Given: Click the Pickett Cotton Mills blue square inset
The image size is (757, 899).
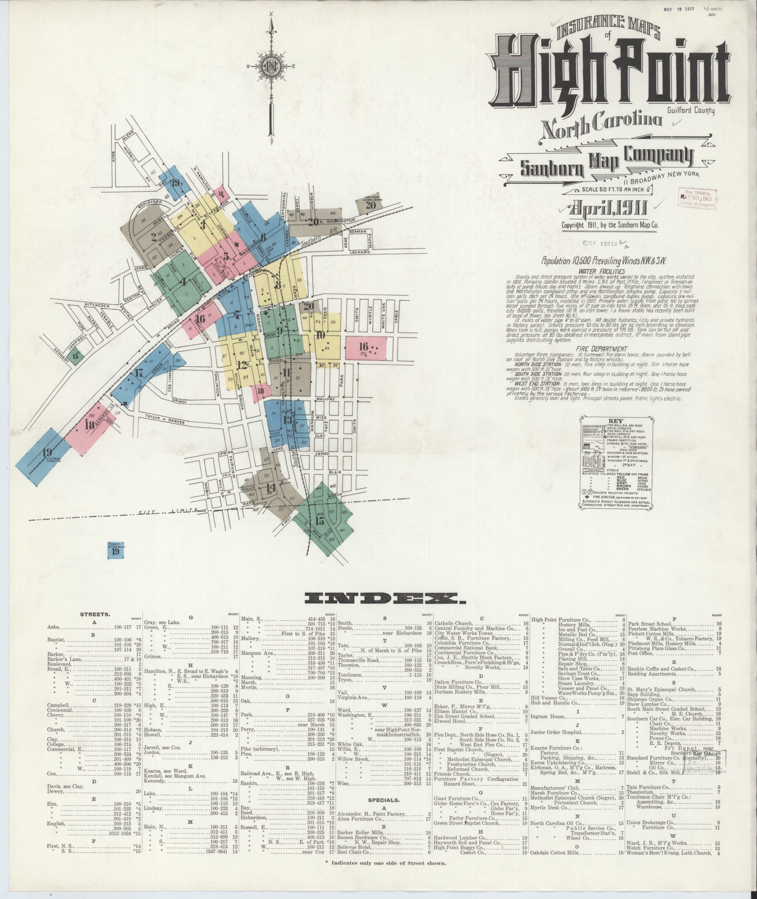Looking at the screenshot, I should tap(115, 550).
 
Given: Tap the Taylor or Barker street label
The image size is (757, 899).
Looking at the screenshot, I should tap(165, 419).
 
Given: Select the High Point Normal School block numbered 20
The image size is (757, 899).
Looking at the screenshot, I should tap(370, 205).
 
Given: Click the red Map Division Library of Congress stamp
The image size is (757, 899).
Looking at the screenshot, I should tap(698, 198).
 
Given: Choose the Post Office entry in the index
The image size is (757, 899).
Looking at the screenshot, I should tap(640, 653).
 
